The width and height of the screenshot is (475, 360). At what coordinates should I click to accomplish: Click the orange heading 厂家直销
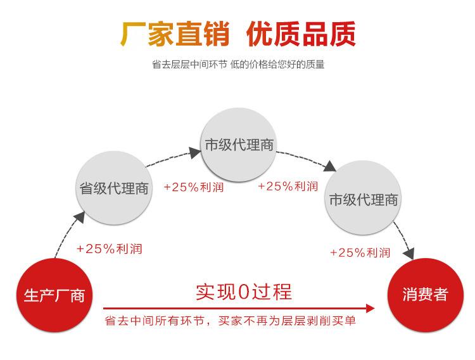(x=175, y=34)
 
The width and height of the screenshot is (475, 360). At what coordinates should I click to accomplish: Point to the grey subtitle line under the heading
(x=238, y=65)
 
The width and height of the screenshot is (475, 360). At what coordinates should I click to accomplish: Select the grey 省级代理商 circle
(x=114, y=188)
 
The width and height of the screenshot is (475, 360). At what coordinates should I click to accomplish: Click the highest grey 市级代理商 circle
(x=239, y=144)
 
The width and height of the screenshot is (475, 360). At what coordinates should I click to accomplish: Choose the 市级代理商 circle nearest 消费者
(x=364, y=199)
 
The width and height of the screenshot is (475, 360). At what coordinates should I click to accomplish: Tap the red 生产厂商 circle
(x=54, y=295)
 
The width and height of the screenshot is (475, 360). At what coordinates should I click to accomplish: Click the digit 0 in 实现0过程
(x=244, y=292)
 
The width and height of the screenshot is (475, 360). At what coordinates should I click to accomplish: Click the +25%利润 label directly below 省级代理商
(x=109, y=249)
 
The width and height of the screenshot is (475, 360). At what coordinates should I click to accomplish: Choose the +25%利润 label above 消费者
(x=360, y=252)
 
